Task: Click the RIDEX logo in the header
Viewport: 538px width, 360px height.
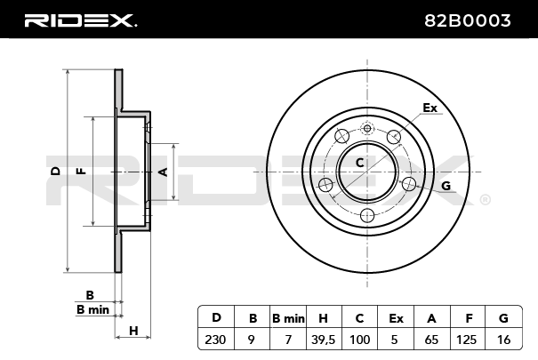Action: (x=80, y=20)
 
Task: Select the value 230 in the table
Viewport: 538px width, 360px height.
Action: (x=215, y=338)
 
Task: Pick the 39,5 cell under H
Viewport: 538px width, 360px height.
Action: (x=324, y=338)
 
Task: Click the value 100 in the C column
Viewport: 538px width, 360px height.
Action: (x=360, y=338)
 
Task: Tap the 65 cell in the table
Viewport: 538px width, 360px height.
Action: (x=432, y=338)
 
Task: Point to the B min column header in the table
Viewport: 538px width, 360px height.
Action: (x=288, y=317)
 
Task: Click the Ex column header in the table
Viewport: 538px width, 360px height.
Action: (x=396, y=317)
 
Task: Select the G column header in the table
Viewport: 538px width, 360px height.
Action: (x=504, y=317)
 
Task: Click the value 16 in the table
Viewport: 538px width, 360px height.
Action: (x=504, y=338)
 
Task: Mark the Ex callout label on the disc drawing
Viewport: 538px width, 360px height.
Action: (x=430, y=108)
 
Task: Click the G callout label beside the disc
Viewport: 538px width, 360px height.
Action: (x=446, y=185)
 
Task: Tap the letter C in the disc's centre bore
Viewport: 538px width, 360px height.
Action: (x=359, y=163)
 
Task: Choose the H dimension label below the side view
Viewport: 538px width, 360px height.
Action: (x=133, y=332)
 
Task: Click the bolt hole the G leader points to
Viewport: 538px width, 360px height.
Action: (x=409, y=184)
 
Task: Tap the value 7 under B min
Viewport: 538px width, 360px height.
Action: (x=288, y=338)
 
